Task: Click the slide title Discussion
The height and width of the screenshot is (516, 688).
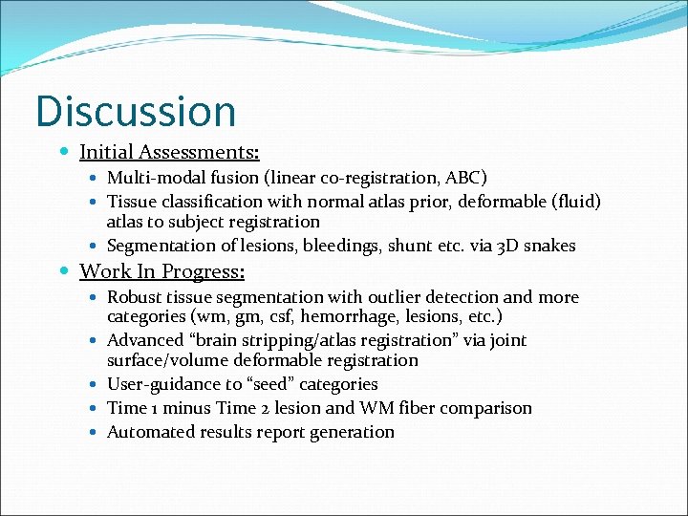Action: click(x=136, y=110)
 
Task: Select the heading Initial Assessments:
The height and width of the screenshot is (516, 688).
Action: click(x=169, y=152)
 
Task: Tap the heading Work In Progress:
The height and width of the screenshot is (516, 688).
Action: click(x=161, y=272)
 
